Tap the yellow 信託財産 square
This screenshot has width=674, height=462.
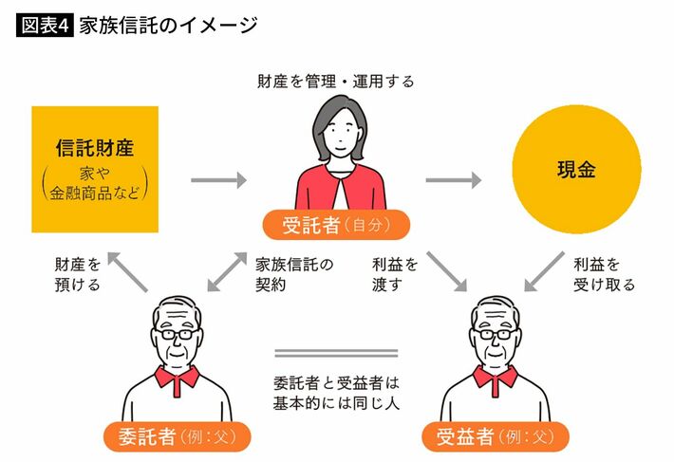[x=93, y=169]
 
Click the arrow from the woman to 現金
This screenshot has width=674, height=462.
[x=453, y=179]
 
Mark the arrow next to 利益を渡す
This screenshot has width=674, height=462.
[x=447, y=271]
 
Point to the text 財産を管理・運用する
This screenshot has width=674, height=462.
[x=336, y=82]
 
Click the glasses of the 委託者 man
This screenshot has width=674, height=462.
[x=178, y=335]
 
